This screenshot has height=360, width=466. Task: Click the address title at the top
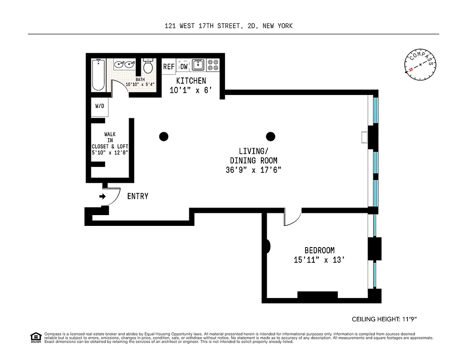(x=229, y=26)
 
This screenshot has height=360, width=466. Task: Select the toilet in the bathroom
(x=148, y=67)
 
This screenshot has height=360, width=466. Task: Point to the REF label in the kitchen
(x=169, y=67)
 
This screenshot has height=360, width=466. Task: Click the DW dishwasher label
(x=184, y=67)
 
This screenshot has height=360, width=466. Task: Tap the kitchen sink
(x=198, y=65)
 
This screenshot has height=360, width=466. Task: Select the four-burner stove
(x=213, y=65)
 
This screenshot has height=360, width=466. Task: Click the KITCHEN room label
(x=191, y=81)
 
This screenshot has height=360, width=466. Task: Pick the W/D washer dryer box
(x=99, y=107)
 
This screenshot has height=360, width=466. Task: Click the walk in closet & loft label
(x=110, y=143)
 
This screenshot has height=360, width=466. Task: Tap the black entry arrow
(x=102, y=197)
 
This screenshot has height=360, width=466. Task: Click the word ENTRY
(x=138, y=197)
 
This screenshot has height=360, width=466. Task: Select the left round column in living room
(x=164, y=136)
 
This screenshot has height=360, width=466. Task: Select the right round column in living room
(x=270, y=136)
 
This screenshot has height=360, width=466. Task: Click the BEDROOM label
(x=319, y=251)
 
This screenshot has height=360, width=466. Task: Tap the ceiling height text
(x=385, y=319)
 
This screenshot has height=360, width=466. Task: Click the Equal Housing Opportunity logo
(x=36, y=337)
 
